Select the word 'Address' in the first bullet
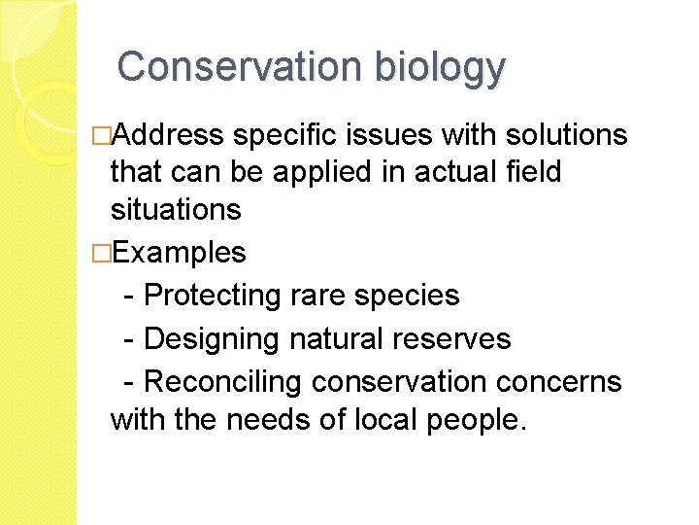coord(168,134)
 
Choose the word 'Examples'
coord(180,254)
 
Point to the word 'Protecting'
coord(214,295)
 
